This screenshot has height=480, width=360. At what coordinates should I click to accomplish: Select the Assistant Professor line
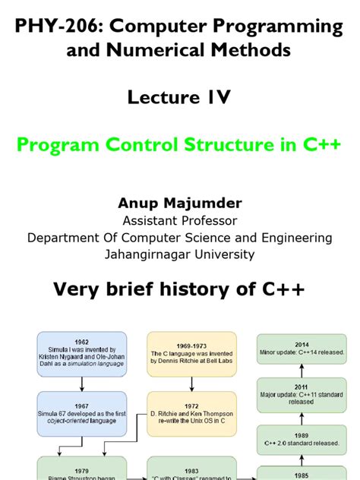coord(179,220)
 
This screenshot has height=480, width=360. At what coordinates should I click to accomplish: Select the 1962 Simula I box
coord(82,355)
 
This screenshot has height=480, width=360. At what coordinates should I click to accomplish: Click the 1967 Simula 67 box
coord(82,413)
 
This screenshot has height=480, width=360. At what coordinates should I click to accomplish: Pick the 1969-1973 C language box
coord(191,355)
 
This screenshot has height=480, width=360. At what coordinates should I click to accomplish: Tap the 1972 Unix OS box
coord(191,413)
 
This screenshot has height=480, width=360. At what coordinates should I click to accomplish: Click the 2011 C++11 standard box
coord(301,396)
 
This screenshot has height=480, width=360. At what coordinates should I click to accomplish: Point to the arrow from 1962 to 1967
coord(82,384)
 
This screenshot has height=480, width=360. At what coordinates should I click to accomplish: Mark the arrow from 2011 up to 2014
coord(301,369)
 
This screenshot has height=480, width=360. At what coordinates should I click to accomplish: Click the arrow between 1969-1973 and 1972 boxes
coord(191,384)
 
